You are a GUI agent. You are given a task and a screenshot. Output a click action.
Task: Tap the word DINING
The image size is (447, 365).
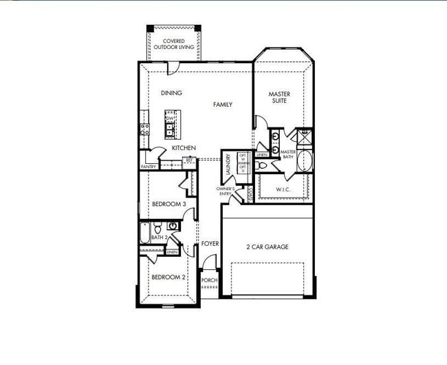click(x=171, y=93)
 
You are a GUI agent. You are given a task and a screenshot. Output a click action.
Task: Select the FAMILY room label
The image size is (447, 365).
click(x=222, y=105)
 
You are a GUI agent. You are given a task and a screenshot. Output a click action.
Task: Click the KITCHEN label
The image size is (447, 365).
click(x=184, y=148)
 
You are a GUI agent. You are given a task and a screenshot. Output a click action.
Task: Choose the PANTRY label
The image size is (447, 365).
click(x=148, y=167)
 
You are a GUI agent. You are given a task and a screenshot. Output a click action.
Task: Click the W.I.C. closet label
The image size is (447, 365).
click(x=285, y=188)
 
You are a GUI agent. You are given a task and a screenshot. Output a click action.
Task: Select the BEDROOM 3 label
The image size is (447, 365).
click(x=168, y=204)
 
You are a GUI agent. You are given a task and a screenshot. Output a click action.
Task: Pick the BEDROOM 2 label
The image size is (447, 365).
click(x=168, y=277)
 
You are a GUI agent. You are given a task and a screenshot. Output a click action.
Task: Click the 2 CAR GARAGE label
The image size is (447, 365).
click(x=267, y=247)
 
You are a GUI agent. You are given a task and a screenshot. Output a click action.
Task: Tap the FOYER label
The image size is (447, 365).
click(x=210, y=244)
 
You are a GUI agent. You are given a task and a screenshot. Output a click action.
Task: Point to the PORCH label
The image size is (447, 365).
click(x=209, y=280)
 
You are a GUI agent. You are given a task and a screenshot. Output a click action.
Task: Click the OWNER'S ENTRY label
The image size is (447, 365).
click(x=226, y=191)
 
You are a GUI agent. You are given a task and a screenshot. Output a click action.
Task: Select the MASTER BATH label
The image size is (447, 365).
click(x=288, y=154)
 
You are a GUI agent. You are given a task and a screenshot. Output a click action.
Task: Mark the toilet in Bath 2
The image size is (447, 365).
click(x=157, y=227)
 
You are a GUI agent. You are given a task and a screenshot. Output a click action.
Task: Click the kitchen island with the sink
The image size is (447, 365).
click(x=169, y=125)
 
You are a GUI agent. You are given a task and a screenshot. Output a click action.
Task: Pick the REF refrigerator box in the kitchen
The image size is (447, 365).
click(x=189, y=160)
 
